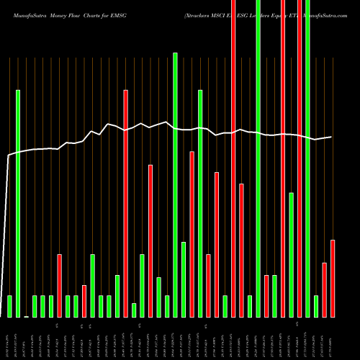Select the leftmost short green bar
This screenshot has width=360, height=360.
click(x=9, y=306)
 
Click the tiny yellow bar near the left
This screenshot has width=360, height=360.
click(x=26, y=316)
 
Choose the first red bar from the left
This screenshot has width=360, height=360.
click(x=59, y=285)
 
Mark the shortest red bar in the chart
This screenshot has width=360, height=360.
click(x=84, y=301)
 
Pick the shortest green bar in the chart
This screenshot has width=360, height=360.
click(x=134, y=310)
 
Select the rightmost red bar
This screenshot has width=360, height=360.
click(x=333, y=278)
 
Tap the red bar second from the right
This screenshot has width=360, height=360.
click(x=324, y=289)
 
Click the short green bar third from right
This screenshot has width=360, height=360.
click(x=316, y=306)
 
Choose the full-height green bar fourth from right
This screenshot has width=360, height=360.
click(x=307, y=158)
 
